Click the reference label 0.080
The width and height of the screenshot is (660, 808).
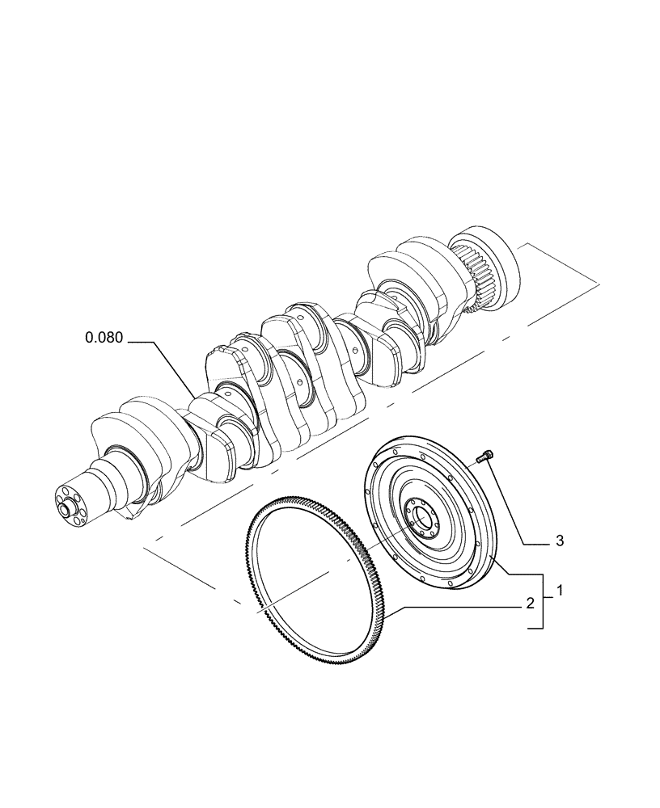click(104, 338)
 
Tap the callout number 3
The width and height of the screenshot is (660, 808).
click(559, 541)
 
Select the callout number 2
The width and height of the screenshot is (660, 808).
click(530, 604)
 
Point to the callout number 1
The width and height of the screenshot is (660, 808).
click(559, 591)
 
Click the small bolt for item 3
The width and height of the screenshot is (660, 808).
click(484, 458)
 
